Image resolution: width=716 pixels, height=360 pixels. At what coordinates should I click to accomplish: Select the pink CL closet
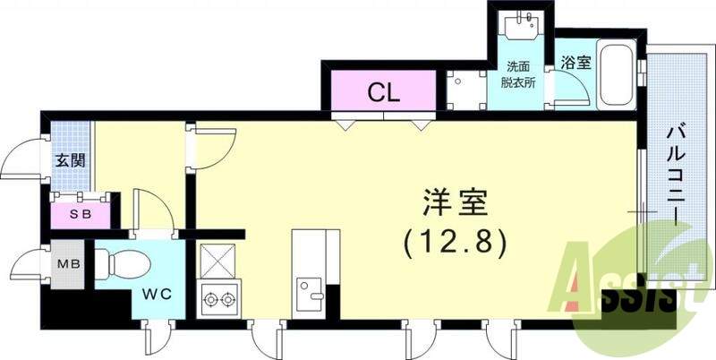(x=384, y=91)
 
